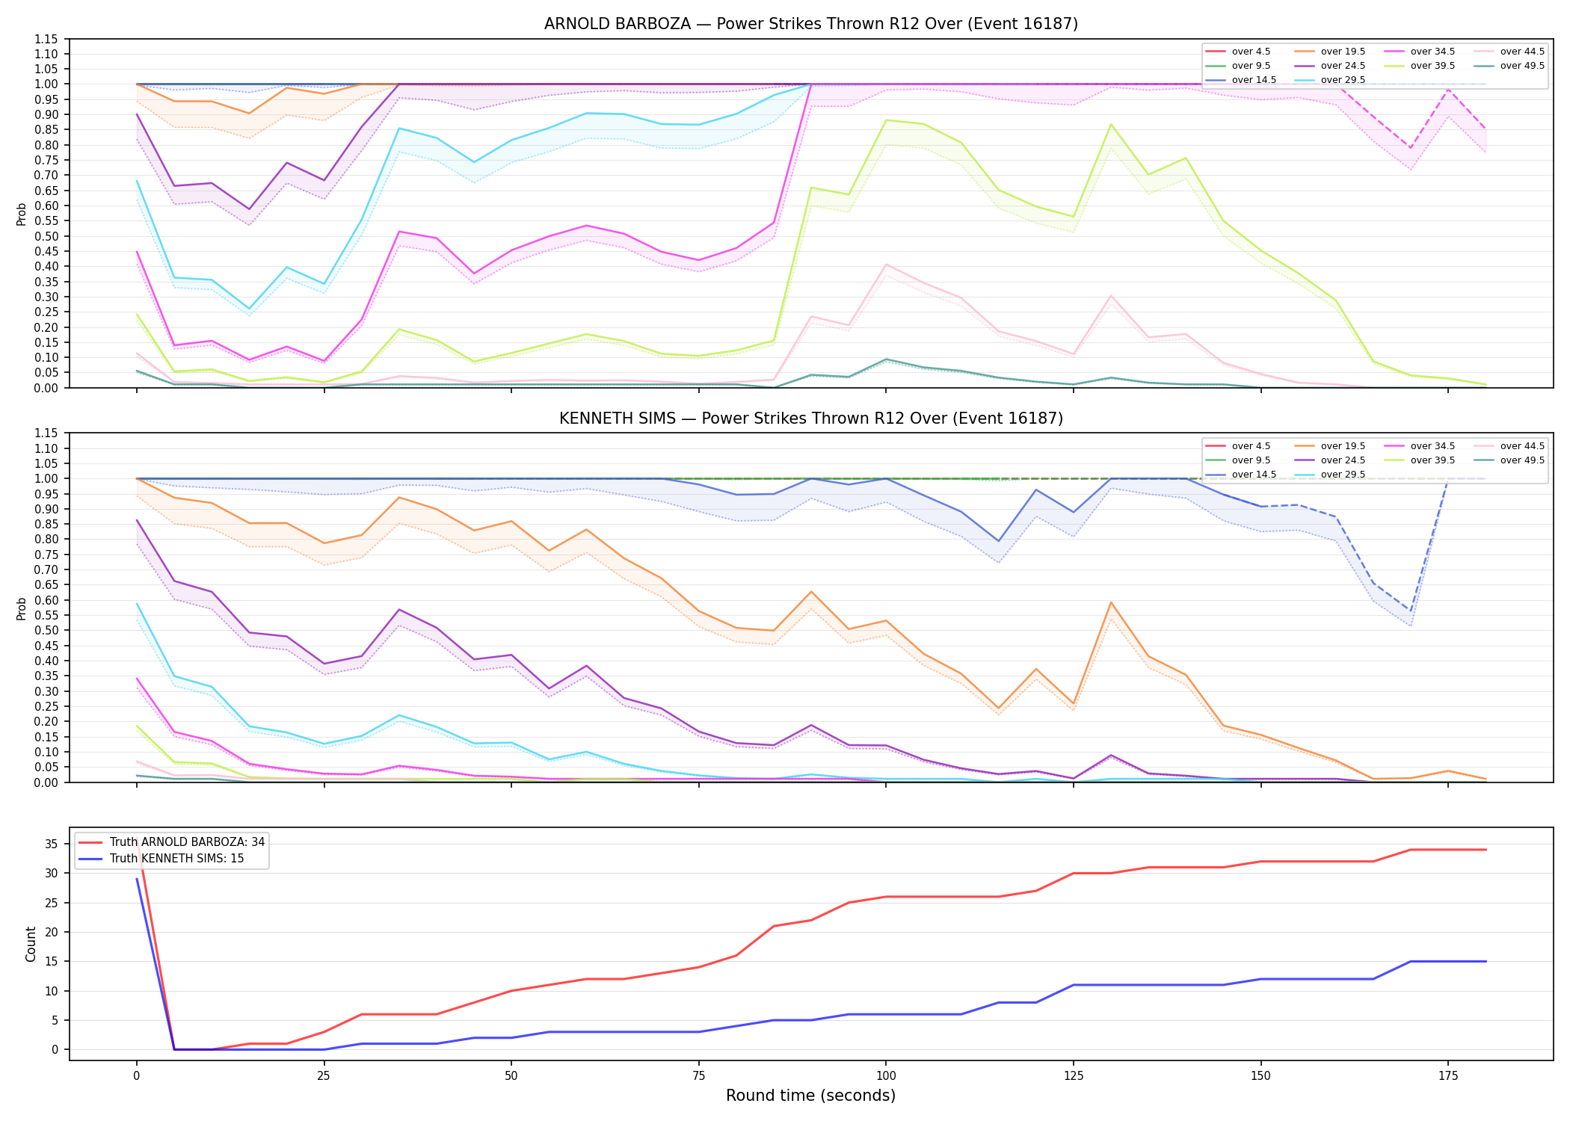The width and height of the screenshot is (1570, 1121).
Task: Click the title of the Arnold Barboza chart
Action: [811, 24]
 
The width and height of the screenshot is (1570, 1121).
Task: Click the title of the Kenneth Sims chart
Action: [811, 419]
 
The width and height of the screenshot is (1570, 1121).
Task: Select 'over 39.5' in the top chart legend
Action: [1432, 66]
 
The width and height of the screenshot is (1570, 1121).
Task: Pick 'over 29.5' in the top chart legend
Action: [1343, 80]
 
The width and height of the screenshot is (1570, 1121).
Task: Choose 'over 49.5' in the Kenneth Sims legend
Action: [1522, 460]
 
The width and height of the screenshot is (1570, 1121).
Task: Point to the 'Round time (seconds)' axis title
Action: [810, 1096]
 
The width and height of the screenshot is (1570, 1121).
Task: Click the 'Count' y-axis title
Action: [31, 944]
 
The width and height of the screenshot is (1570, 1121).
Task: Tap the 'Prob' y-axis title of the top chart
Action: [22, 214]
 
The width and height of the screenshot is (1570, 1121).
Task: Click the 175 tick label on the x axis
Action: [1448, 1076]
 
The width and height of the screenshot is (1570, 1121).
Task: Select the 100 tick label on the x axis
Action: [886, 1076]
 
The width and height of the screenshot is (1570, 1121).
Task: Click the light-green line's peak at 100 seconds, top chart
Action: [886, 120]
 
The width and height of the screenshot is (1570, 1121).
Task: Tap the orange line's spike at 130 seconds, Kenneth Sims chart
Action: [1111, 602]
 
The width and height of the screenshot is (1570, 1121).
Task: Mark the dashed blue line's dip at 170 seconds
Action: [1411, 611]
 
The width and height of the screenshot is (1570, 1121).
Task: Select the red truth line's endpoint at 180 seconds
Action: [1486, 850]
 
